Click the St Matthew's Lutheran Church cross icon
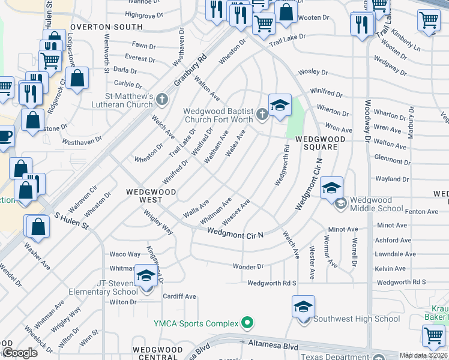tap(160, 98)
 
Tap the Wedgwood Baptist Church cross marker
tap(261, 114)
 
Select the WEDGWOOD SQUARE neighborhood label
tap(320, 143)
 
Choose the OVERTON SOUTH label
tap(106, 27)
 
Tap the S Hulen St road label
tap(71, 220)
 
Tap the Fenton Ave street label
tap(423, 211)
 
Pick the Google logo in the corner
tap(20, 353)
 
